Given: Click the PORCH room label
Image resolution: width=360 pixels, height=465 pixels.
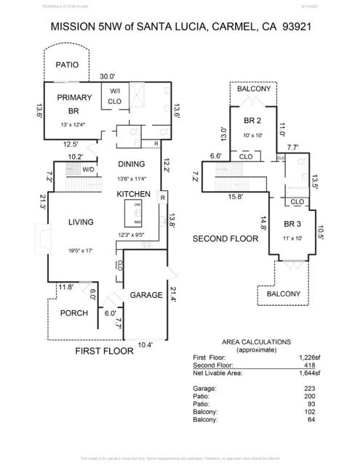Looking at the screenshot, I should click(73, 313).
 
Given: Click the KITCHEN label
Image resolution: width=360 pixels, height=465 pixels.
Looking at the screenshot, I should click(134, 194).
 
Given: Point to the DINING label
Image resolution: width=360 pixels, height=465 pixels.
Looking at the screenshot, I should click(132, 164).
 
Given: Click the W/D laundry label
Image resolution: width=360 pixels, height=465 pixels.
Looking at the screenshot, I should click(88, 170).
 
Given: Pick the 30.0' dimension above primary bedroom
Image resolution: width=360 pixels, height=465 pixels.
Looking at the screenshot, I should click(108, 76).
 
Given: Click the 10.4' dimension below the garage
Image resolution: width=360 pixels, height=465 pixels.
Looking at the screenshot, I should click(145, 345).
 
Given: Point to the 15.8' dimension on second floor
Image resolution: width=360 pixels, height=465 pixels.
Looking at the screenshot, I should click(234, 196).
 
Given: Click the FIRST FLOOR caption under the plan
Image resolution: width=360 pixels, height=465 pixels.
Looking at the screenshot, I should click(105, 351).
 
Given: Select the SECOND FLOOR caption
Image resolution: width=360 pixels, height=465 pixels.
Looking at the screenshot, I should click(226, 238).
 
